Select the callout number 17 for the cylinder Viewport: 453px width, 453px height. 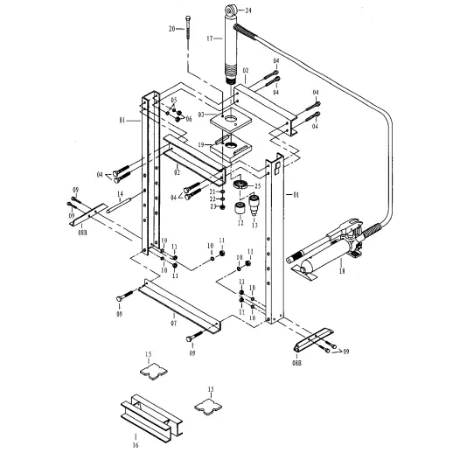point(210,38)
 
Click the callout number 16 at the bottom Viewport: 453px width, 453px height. point(136,445)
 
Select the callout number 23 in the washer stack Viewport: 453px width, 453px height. point(213,206)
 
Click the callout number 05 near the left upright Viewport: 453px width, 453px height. point(174,101)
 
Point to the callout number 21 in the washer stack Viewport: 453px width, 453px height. point(213,191)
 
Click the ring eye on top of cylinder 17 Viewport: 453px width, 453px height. point(233,11)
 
